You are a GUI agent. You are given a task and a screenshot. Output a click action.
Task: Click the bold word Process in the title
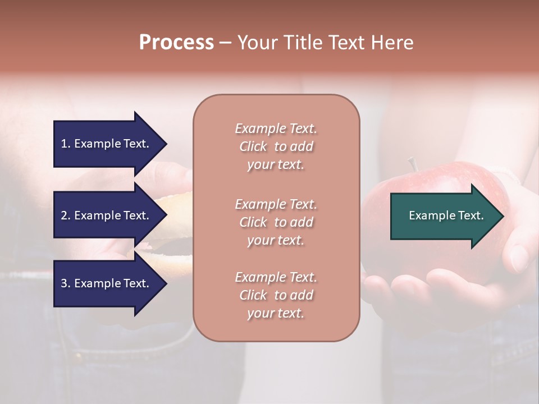pyautogui.click(x=176, y=43)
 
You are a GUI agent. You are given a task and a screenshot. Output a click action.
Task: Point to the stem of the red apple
pyautogui.click(x=413, y=164)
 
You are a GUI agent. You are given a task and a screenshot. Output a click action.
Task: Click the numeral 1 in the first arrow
pyautogui.click(x=64, y=144)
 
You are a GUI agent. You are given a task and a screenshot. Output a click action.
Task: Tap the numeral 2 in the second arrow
pyautogui.click(x=64, y=215)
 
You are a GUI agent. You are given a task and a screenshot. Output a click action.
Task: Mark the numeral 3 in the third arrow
pyautogui.click(x=64, y=284)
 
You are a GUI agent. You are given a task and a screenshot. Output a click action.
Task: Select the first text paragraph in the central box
pyautogui.click(x=276, y=146)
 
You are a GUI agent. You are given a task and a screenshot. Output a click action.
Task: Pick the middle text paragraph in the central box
pyautogui.click(x=276, y=222)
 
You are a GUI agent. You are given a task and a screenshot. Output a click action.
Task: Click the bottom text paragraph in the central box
pyautogui.click(x=276, y=295)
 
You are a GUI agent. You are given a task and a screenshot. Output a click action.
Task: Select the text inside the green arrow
pyautogui.click(x=446, y=215)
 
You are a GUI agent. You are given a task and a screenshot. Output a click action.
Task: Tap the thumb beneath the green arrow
pyautogui.click(x=518, y=255)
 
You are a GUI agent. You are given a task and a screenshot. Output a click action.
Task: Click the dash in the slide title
pyautogui.click(x=225, y=43)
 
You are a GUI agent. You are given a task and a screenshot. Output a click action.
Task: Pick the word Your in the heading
pyautogui.click(x=258, y=43)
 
